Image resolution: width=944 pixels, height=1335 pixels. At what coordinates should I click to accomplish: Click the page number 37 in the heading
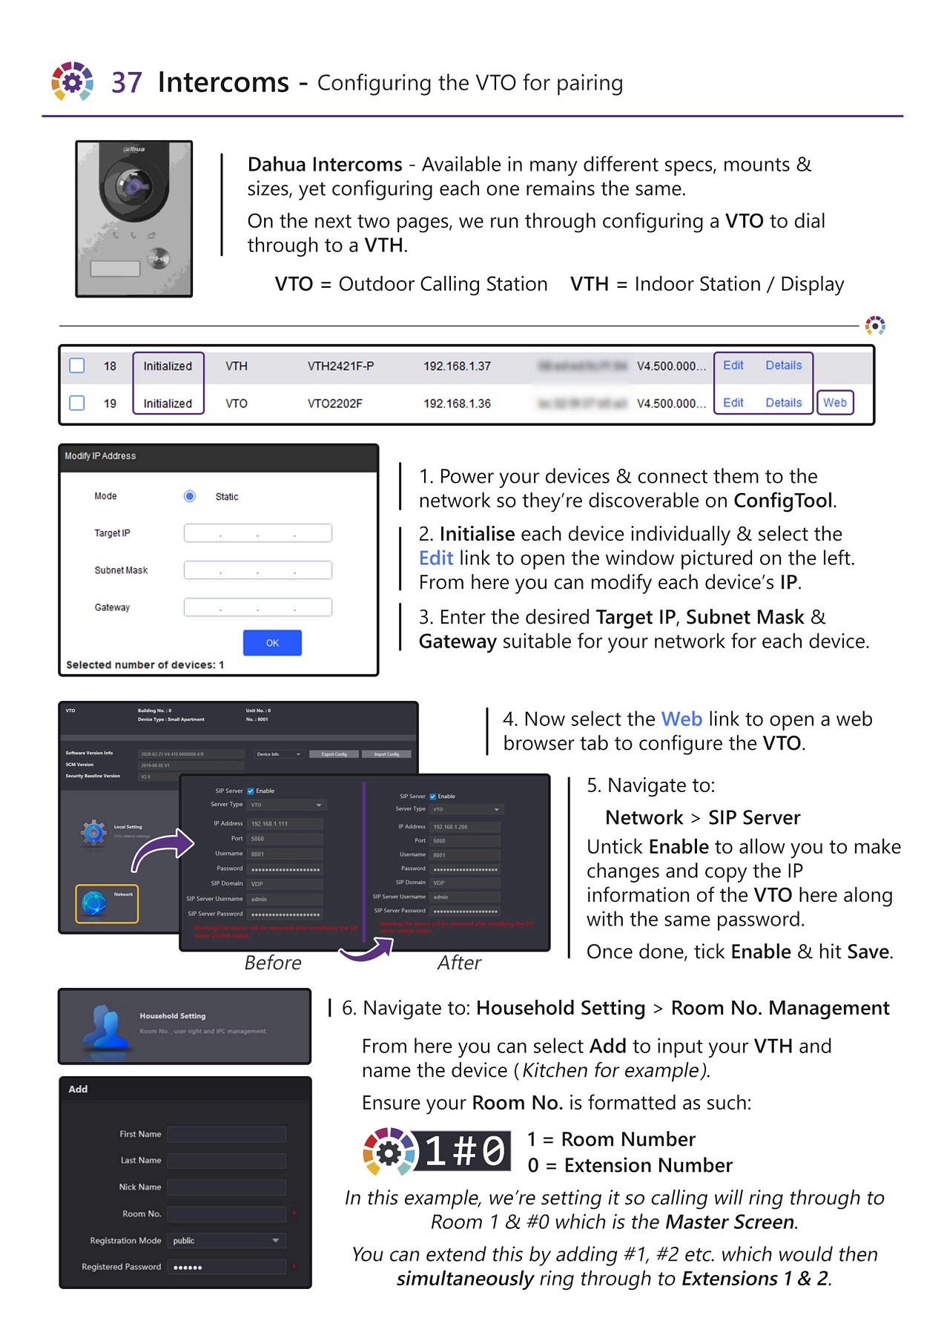coord(126,82)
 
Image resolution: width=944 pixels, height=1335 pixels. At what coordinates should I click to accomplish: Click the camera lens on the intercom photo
coord(132,185)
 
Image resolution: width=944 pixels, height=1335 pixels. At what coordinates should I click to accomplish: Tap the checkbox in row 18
coord(77,366)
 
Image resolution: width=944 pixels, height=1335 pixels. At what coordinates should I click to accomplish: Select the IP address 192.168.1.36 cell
coord(457,403)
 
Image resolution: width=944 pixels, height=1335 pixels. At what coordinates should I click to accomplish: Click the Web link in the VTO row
coord(834,403)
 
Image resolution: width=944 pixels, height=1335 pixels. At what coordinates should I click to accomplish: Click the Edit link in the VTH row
coord(733,366)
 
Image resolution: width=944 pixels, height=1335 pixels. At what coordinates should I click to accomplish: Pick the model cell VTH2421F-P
coord(340,366)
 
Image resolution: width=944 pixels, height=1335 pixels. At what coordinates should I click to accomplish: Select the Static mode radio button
coord(190,496)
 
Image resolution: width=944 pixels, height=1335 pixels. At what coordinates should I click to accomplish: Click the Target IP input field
coord(257,533)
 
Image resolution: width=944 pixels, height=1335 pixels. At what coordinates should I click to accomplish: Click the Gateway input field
coord(257,607)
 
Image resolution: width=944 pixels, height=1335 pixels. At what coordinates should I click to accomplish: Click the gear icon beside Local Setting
coord(93,833)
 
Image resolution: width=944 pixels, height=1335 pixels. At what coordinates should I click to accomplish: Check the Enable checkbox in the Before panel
coord(251,791)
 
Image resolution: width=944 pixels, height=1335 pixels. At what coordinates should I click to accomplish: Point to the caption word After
coord(459,963)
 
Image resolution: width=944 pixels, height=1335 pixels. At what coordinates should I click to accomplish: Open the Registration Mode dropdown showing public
coord(226,1241)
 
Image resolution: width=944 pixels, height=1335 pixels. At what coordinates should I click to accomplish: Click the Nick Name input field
coord(226,1187)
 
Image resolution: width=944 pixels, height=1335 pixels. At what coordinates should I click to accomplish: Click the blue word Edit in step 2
coord(435,558)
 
